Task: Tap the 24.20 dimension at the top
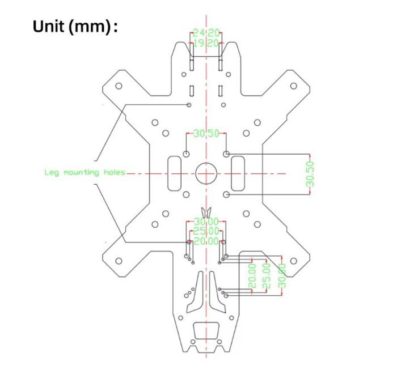pos(206,33)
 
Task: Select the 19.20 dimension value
pos(206,42)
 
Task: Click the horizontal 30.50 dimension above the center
pos(206,134)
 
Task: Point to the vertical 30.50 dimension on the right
pos(310,174)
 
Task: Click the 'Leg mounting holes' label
pos(84,172)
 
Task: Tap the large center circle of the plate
pos(206,173)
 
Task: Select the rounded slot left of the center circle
pos(174,173)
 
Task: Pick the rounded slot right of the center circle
pos(238,173)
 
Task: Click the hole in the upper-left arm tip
pos(119,87)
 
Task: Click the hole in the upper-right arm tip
pos(293,86)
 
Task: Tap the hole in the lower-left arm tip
pos(119,261)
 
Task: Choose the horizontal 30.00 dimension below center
pos(206,222)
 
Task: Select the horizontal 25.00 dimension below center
pos(206,231)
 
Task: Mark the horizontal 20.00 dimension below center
pos(206,241)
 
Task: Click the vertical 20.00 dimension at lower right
pos(253,275)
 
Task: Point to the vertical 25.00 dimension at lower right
pos(267,275)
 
